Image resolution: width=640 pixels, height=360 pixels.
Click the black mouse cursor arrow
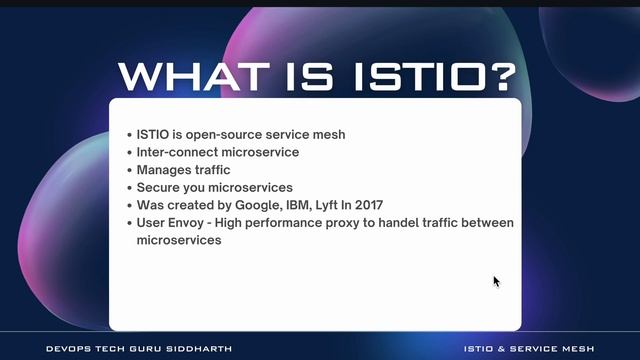click(496, 282)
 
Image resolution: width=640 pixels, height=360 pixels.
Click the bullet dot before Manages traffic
click(129, 170)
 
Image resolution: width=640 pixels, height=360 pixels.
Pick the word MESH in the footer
click(577, 349)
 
